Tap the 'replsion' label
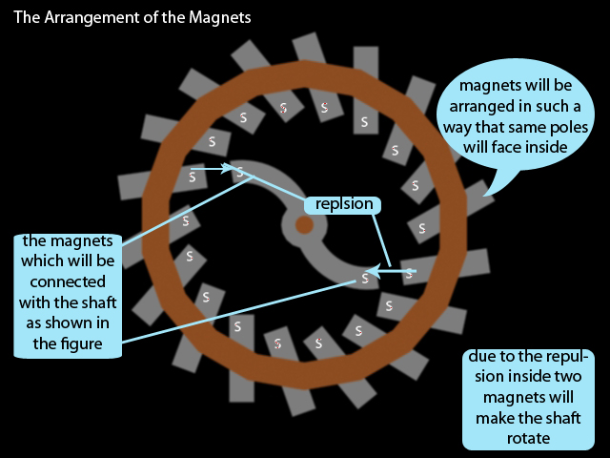pos(343,204)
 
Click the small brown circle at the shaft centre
pos(303,225)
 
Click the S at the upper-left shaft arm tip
pos(240,173)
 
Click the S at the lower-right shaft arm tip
pos(364,279)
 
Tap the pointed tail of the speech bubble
pos(485,194)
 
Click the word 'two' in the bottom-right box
pos(570,397)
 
